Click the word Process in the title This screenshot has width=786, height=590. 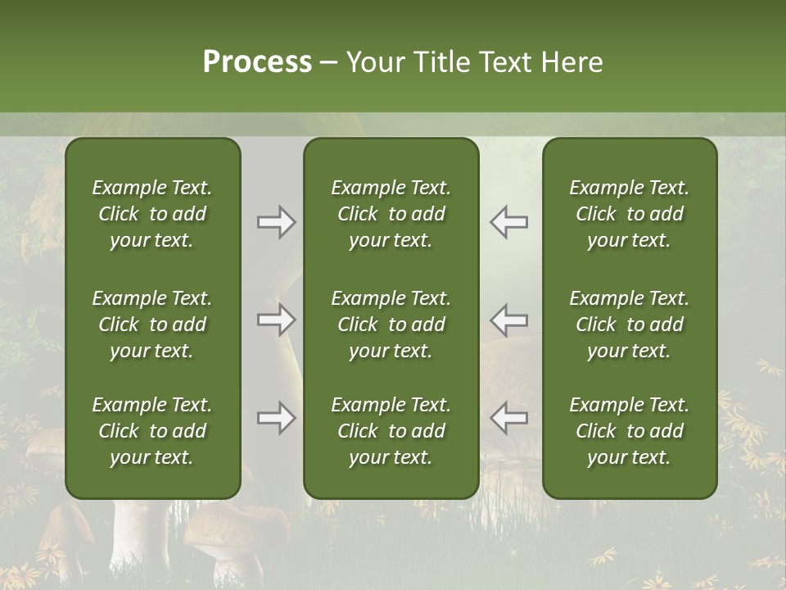coord(257,62)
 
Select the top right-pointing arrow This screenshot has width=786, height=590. coord(276,222)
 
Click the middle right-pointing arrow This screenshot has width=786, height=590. coord(276,320)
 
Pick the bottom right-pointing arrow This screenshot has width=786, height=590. coord(276,418)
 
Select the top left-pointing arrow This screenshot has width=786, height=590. coord(509,222)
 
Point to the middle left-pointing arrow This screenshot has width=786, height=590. coord(509,320)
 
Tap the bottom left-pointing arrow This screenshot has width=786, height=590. coord(509,418)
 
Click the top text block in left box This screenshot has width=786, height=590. coord(152,214)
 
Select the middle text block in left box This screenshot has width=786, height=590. coord(152,324)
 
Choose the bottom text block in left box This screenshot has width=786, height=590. coord(152,431)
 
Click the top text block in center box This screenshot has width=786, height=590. coord(391,214)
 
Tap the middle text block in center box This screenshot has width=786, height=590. coord(391,324)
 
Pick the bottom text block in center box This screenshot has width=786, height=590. coord(391,431)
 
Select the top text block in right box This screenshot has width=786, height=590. coord(630,214)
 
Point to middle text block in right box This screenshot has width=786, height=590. coord(630,324)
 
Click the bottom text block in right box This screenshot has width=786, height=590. coord(630,431)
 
